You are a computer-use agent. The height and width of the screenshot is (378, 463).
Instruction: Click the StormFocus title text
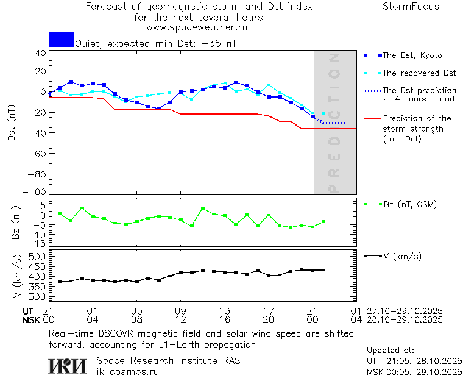tap(411, 7)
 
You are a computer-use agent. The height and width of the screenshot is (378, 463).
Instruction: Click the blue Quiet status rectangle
tap(61, 40)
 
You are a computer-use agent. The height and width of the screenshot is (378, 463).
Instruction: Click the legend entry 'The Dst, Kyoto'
tap(411, 55)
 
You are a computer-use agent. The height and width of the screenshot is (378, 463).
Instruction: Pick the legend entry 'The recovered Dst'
tap(419, 73)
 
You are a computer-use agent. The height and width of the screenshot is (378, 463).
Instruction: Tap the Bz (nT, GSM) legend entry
tap(409, 204)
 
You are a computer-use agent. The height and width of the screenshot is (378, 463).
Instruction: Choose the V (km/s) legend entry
tap(401, 256)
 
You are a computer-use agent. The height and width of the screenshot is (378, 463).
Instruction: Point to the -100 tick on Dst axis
tap(36, 192)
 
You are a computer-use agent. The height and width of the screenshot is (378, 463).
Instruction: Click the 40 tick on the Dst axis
tap(40, 53)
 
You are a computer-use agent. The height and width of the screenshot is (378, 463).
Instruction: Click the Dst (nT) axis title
tap(12, 124)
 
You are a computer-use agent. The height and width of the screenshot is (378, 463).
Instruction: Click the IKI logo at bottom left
tap(68, 366)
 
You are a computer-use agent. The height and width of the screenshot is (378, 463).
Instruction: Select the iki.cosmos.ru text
tap(127, 371)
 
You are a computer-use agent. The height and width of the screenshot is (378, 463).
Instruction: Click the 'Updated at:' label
tap(390, 351)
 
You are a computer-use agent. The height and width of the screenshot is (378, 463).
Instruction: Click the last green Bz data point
tap(323, 222)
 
